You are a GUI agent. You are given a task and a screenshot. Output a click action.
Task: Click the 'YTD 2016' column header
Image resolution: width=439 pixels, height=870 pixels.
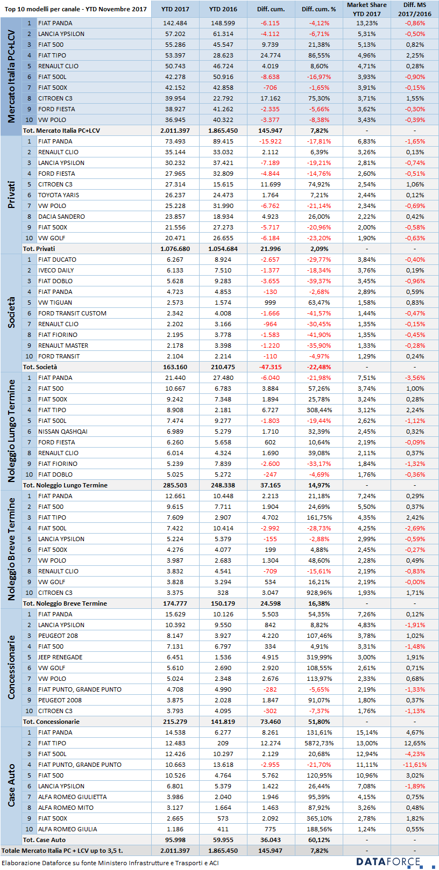pyautogui.click(x=223, y=9)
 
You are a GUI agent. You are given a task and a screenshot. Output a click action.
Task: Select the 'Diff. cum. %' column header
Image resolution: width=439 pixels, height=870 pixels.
pyautogui.click(x=318, y=9)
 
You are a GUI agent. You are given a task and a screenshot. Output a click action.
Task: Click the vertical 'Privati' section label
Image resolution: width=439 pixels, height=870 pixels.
pyautogui.click(x=11, y=195)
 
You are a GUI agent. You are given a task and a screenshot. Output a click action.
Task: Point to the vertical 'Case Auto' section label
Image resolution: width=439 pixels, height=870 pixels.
pyautogui.click(x=11, y=785)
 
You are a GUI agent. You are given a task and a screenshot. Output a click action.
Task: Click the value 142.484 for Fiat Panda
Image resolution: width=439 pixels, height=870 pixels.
pyautogui.click(x=175, y=23)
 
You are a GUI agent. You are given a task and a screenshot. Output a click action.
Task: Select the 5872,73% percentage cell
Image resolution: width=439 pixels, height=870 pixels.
pyautogui.click(x=319, y=743)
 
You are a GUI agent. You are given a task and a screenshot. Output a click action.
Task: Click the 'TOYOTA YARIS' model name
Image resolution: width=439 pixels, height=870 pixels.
pyautogui.click(x=58, y=195)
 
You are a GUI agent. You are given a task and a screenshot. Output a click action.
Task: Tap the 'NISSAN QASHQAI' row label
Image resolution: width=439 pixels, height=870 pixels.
pyautogui.click(x=62, y=432)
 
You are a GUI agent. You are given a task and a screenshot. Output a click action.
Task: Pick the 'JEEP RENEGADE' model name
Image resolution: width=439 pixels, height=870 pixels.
pyautogui.click(x=60, y=657)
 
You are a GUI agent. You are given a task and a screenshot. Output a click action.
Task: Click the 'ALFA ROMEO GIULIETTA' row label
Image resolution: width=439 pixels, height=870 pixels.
pyautogui.click(x=72, y=796)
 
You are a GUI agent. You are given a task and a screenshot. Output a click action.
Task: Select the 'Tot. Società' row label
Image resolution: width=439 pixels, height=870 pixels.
pyautogui.click(x=40, y=367)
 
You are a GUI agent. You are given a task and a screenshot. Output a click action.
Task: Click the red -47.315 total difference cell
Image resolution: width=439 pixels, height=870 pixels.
pyautogui.click(x=270, y=367)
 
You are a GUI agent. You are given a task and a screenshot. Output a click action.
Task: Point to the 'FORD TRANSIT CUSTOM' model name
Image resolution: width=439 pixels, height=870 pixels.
pyautogui.click(x=72, y=313)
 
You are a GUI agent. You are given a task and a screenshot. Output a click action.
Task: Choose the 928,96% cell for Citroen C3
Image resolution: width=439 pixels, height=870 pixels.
pyautogui.click(x=319, y=593)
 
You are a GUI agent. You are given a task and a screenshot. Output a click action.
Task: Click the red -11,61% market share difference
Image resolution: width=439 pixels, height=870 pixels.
pyautogui.click(x=414, y=764)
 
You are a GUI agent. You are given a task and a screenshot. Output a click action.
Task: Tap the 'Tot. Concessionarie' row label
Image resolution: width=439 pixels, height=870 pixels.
pyautogui.click(x=51, y=722)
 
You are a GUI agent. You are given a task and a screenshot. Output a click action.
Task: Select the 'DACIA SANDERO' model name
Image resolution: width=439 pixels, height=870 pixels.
pyautogui.click(x=61, y=217)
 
